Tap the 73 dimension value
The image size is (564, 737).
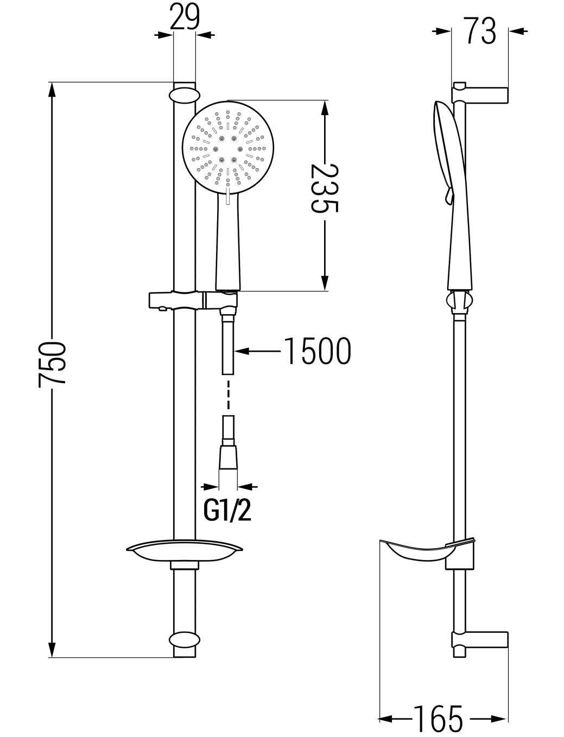click(481, 31)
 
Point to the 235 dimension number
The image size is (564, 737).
click(324, 188)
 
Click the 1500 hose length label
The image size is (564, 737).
click(317, 351)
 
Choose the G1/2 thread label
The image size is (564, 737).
click(227, 512)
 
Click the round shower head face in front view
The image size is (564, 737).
click(228, 147)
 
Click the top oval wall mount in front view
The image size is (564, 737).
click(185, 96)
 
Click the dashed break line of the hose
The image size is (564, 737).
click(229, 395)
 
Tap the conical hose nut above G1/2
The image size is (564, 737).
click(229, 458)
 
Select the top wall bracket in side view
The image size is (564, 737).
click(480, 95)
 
